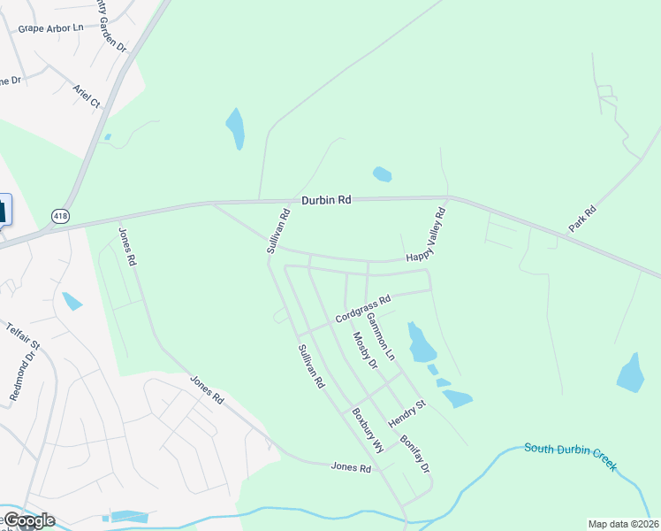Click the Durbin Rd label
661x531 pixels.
pos(326,201)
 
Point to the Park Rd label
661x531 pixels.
pos(583,219)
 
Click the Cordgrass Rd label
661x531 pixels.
pos(362,310)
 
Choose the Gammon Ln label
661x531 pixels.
pos(382,335)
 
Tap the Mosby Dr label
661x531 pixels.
pos(365,350)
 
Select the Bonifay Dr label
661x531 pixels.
pos(414,453)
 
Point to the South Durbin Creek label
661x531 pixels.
pos(571,456)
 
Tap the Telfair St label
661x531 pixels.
pos(23,339)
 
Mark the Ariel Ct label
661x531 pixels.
pos(87,96)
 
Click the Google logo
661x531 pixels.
pos(28,520)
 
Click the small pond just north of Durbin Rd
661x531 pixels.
pos(382,173)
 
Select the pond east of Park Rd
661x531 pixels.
pos(630,373)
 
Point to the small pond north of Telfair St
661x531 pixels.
pos(72,301)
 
